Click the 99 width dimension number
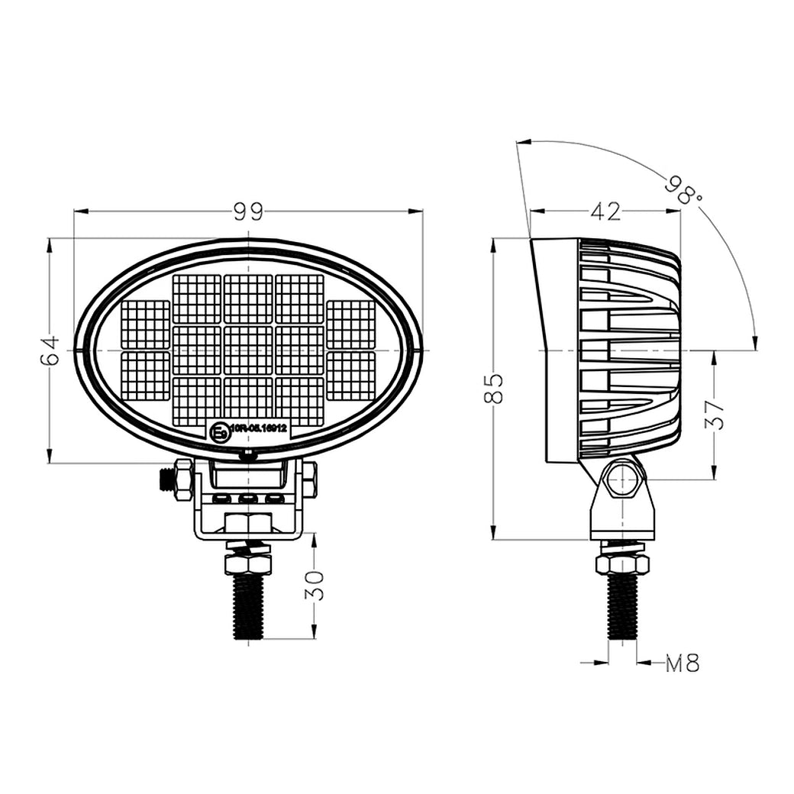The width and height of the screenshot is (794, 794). (248, 211)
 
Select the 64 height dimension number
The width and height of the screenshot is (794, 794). (50, 350)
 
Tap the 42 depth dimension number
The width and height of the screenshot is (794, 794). (605, 211)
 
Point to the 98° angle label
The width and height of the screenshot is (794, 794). (683, 189)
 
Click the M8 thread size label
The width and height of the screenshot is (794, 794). (683, 663)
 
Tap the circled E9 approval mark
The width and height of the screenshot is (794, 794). (218, 433)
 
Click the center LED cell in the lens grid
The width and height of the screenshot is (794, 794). (248, 350)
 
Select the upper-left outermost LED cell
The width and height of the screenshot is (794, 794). (145, 324)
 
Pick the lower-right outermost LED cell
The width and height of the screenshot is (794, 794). (351, 376)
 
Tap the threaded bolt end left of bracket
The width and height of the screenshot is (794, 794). (165, 480)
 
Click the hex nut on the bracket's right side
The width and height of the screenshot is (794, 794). (309, 479)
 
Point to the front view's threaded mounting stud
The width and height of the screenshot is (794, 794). (248, 607)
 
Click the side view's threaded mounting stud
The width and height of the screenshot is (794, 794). (622, 607)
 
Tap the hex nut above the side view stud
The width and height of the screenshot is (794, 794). (622, 564)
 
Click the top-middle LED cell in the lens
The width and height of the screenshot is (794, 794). (248, 299)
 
